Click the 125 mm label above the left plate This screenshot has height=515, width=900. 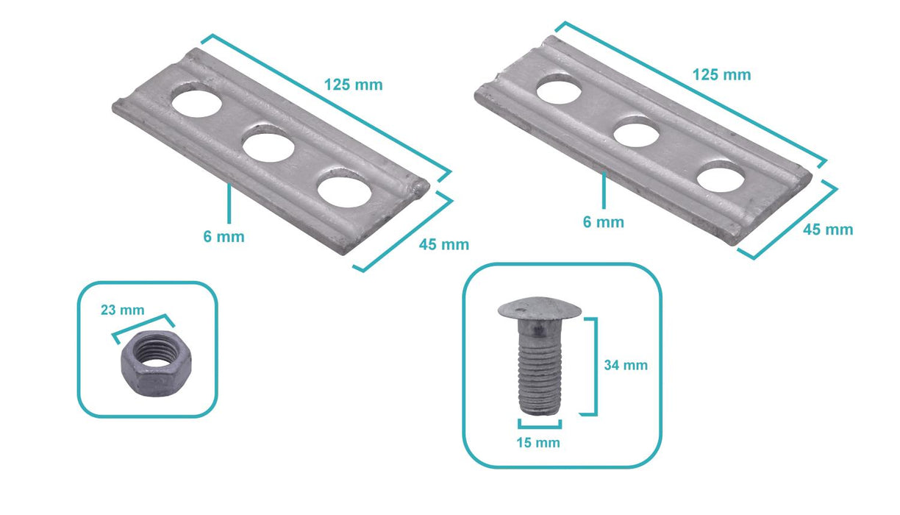353,85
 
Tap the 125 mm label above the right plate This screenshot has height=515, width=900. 721,75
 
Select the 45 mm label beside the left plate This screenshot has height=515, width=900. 444,244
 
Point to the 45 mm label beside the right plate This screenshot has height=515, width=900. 828,230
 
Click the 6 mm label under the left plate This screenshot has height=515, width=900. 224,236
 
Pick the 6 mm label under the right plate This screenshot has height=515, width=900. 604,222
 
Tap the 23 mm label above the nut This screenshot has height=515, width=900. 123,310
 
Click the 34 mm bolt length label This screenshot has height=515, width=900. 626,365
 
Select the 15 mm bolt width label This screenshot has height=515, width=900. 538,443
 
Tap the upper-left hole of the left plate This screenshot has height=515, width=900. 197,102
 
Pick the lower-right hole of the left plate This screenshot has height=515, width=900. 344,191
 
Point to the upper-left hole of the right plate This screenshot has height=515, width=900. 559,92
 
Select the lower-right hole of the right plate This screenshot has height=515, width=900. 721,179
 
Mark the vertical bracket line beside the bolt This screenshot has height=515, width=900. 596,366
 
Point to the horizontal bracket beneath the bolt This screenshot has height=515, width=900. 540,426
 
